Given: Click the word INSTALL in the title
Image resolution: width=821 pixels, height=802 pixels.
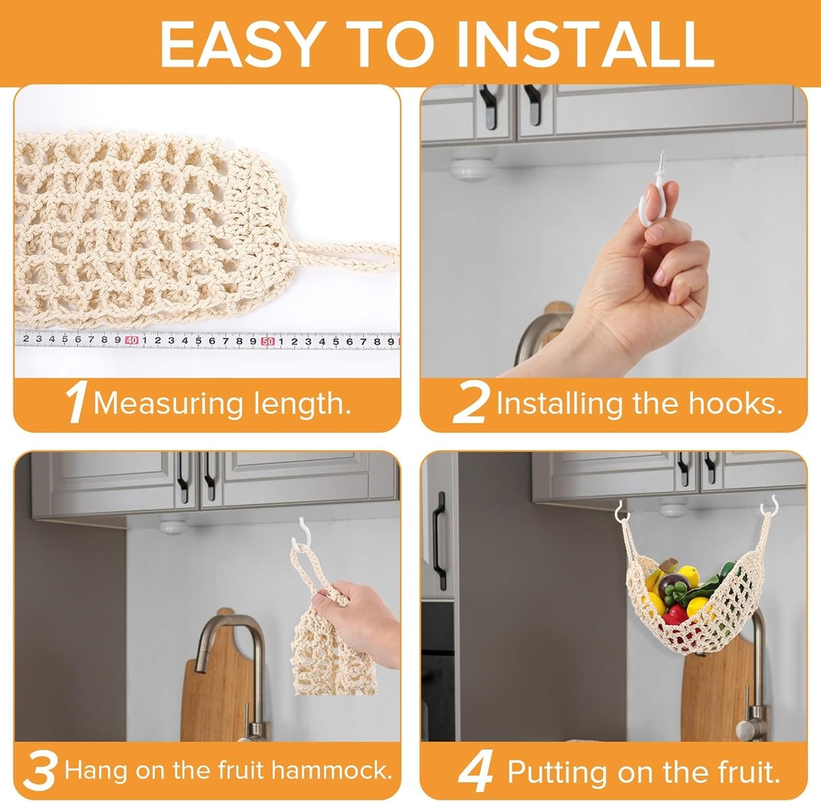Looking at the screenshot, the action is coord(584,44).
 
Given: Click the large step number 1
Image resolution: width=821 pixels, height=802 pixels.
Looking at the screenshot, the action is coord(77,403).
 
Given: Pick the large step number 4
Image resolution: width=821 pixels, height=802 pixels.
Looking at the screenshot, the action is coord(475,771).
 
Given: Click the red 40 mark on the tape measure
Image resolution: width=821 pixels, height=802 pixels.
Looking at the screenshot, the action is coord(131,341).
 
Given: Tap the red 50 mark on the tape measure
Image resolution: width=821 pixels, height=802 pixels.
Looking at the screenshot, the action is coord(268,341).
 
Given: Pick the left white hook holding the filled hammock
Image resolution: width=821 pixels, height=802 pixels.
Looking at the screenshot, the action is coord(621,511).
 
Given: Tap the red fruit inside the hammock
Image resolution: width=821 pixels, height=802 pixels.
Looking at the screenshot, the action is coord(675,614).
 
